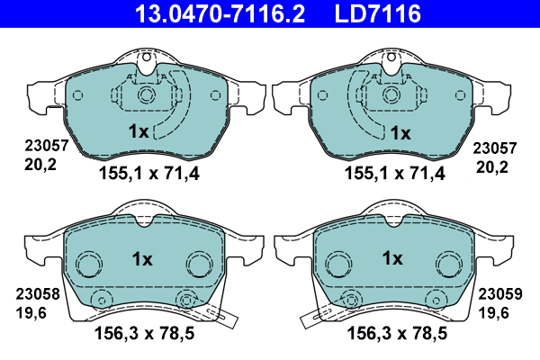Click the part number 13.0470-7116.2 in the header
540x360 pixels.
[x=220, y=13]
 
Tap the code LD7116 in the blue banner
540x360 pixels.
[x=377, y=13]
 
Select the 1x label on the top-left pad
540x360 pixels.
[x=139, y=131]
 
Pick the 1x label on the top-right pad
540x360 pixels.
[x=400, y=133]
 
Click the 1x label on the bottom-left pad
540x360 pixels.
[x=142, y=259]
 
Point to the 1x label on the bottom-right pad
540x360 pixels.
[x=392, y=258]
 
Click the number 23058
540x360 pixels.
[x=38, y=294]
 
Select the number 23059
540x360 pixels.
[x=500, y=294]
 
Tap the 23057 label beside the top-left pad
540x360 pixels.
[x=47, y=146]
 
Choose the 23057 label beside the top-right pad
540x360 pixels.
[x=494, y=148]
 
